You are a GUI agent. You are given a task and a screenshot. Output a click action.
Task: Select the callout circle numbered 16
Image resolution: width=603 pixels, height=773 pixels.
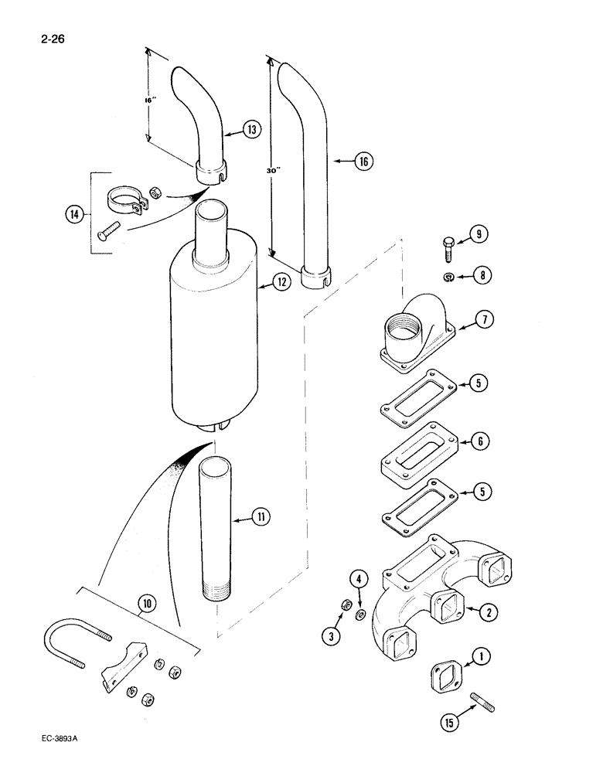pyautogui.click(x=363, y=162)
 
